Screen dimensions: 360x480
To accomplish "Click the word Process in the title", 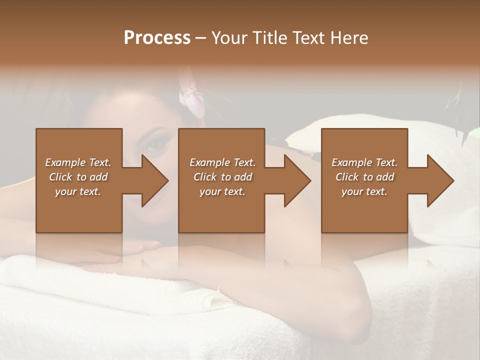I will click(x=157, y=37).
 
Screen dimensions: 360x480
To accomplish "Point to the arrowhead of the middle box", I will click(x=297, y=180).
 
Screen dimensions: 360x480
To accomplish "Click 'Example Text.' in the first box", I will click(x=78, y=162).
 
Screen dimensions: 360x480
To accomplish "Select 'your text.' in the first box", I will click(x=78, y=191).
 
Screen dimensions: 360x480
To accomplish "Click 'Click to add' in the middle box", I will click(x=222, y=177).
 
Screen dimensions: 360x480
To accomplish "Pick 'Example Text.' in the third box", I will click(x=364, y=162).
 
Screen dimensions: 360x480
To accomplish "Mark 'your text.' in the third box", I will click(x=364, y=191).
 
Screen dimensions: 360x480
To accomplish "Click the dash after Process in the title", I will click(x=201, y=38).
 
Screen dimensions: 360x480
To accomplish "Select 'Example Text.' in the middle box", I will click(x=222, y=162).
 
